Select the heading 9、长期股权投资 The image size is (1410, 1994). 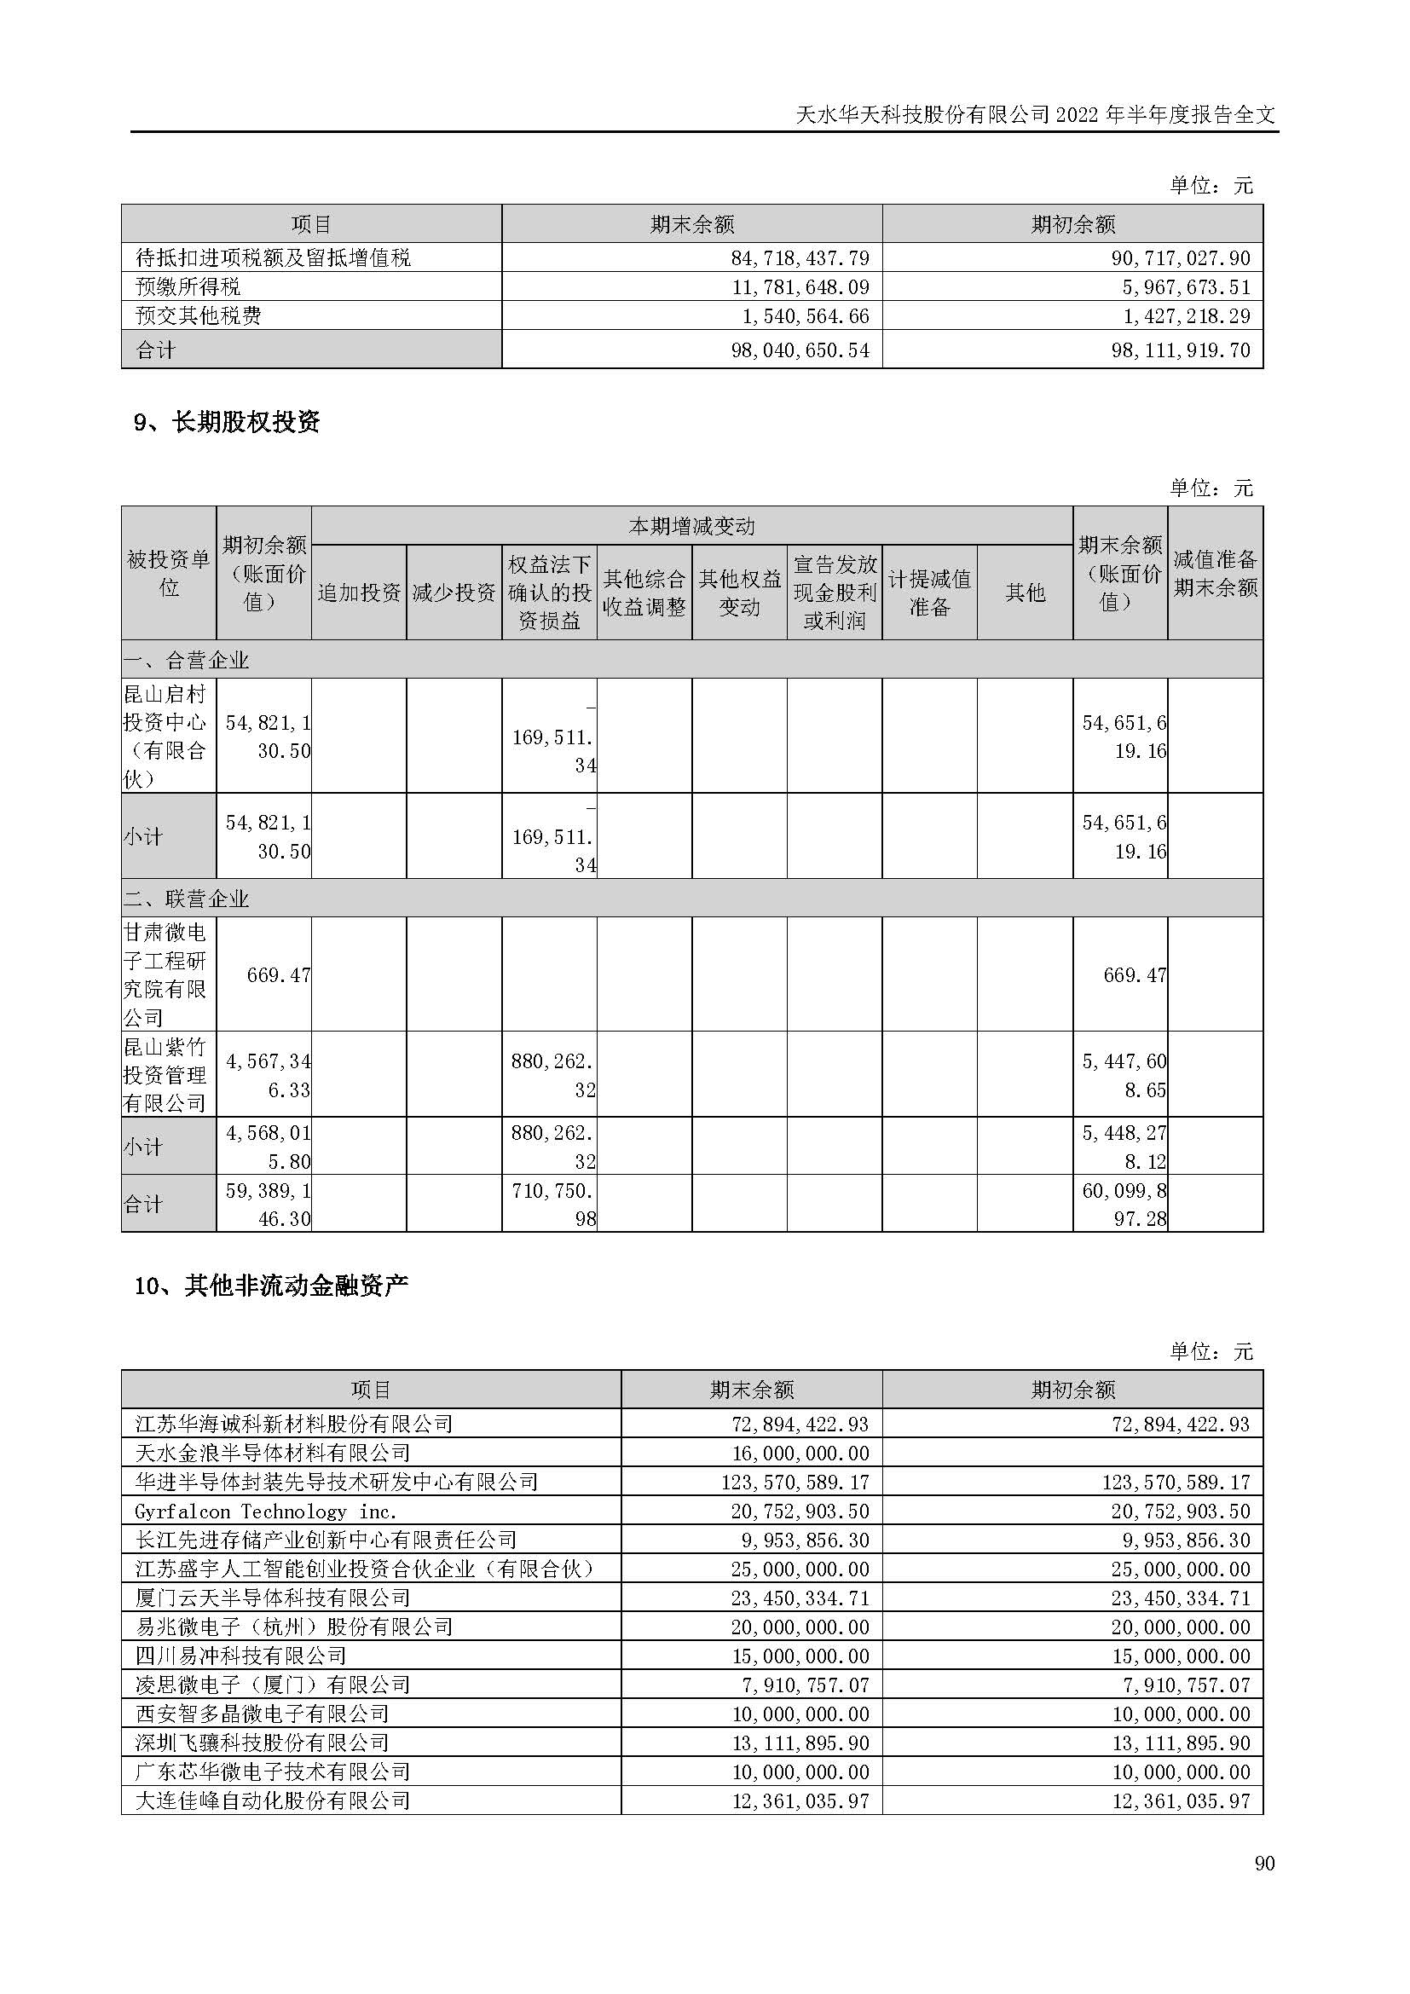coord(227,422)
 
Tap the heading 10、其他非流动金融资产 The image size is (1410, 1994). coord(271,1286)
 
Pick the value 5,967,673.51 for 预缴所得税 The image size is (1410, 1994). coord(1186,286)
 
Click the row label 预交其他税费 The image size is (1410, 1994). coord(199,315)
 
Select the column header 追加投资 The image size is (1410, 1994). coord(359,592)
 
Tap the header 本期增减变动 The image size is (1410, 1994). coord(691,526)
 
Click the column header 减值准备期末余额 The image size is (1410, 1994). coord(1215,573)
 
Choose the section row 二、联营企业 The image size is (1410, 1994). coord(187,899)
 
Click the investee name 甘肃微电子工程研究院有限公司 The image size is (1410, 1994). coord(168,974)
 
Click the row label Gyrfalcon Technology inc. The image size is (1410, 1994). coord(266,1511)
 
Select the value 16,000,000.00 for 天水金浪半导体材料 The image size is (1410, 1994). coord(800,1453)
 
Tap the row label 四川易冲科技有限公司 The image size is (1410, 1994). coord(240,1656)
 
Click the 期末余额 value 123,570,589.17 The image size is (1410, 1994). coord(795,1482)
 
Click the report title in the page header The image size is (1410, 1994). coord(1036,114)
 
